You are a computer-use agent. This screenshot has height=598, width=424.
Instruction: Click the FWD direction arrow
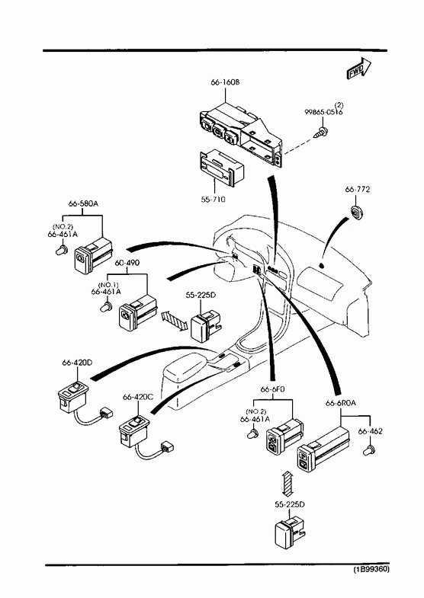coord(358,69)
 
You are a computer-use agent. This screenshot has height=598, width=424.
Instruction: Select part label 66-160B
coord(225,82)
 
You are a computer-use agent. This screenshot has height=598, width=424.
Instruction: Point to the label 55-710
coord(214,199)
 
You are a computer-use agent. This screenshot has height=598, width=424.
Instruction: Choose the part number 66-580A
coord(83,203)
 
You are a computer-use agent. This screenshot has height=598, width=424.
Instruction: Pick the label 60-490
coord(127,263)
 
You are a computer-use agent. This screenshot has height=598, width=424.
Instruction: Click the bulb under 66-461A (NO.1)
coord(106,306)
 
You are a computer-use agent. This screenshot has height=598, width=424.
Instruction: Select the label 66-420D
coord(77,363)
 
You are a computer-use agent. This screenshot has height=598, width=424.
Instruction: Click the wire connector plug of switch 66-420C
coord(168,446)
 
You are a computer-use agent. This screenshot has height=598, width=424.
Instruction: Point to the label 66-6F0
coord(272,389)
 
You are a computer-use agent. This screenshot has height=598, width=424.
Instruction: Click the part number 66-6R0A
coord(340,403)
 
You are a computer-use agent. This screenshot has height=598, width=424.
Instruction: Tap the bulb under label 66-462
coord(369,449)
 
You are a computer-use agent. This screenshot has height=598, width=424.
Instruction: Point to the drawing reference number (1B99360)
coord(371,570)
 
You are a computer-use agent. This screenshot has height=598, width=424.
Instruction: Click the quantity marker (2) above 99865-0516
coord(339,105)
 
